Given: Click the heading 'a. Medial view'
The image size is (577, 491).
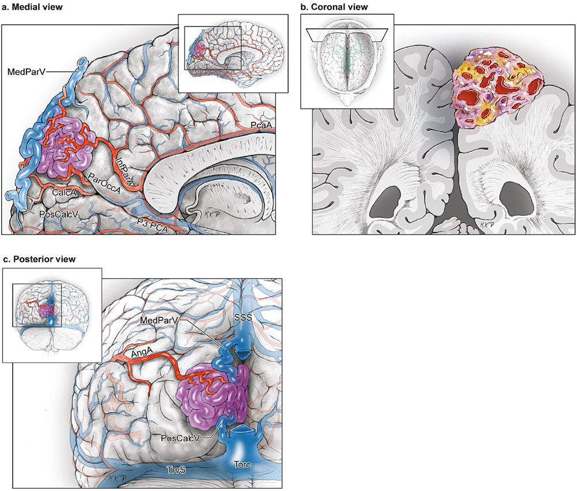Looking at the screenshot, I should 33,6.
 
